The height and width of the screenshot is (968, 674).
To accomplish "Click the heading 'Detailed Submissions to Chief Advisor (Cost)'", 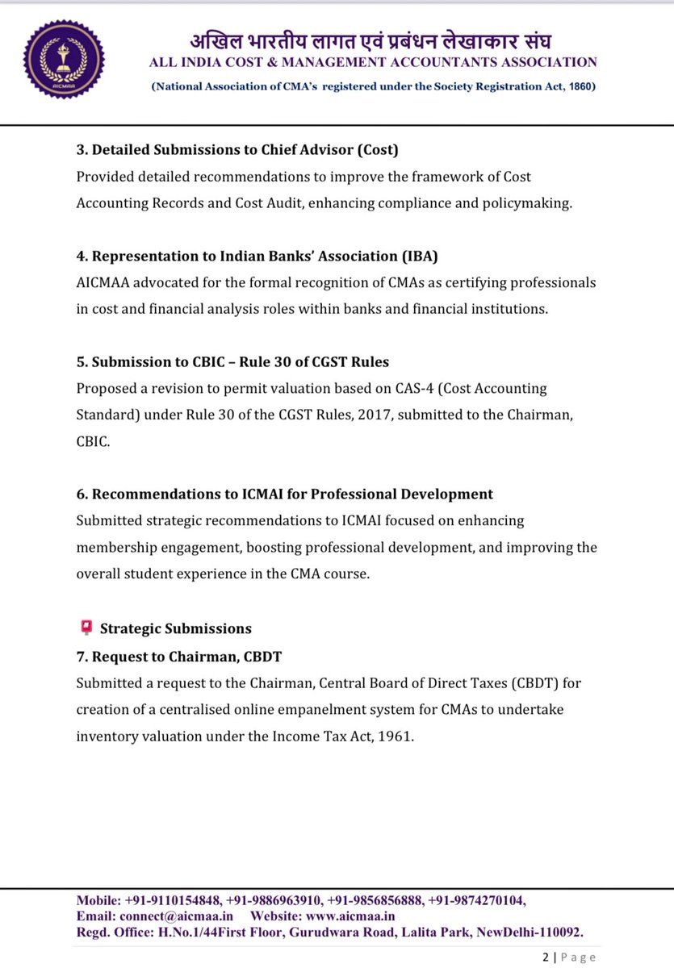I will pos(237,150).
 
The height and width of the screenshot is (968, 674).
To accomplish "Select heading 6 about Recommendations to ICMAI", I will pos(284,494).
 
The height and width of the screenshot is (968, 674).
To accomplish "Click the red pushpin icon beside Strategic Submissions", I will pos(85,627).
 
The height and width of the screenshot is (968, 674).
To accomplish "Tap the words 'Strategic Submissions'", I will pos(176,628).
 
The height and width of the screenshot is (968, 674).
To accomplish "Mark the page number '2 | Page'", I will pos(568,957).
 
